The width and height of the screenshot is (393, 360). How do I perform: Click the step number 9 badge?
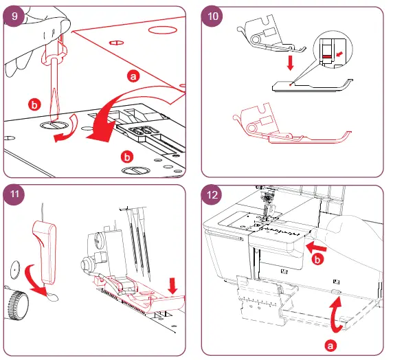[x=14, y=16]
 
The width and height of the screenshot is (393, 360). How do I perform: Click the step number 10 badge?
[x=212, y=16]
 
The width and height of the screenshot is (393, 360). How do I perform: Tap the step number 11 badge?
[x=14, y=194]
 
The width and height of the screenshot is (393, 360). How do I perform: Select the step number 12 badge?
[x=212, y=195]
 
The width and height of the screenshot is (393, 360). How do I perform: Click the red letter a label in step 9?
[x=133, y=76]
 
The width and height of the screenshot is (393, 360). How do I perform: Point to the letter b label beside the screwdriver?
[x=34, y=104]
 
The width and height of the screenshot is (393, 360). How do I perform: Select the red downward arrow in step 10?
[x=290, y=63]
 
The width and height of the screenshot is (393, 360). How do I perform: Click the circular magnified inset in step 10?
[x=333, y=49]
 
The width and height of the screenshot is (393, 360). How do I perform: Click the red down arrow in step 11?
[x=172, y=286]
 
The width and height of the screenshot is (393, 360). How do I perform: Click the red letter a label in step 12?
[x=330, y=346]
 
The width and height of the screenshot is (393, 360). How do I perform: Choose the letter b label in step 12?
[x=317, y=260]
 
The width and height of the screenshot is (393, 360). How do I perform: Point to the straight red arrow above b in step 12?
[x=316, y=247]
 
